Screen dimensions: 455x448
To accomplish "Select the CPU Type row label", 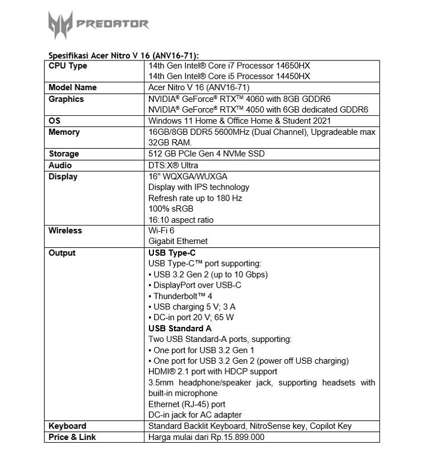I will (x=68, y=66).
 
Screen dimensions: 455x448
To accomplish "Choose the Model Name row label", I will (x=72, y=87).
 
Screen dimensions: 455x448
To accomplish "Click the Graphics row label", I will (x=66, y=99).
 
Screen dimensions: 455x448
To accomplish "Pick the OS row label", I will (x=54, y=121).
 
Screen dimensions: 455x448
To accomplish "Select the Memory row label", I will (x=64, y=132).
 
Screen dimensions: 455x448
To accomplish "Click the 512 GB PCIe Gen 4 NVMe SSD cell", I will (x=206, y=154).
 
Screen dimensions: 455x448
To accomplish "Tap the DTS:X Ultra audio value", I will (x=173, y=165).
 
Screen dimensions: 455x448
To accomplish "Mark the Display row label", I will (x=63, y=177).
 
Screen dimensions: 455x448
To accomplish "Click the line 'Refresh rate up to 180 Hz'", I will (x=195, y=198).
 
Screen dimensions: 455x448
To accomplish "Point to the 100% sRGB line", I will (x=171, y=209).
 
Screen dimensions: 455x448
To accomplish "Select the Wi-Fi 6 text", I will (x=162, y=231).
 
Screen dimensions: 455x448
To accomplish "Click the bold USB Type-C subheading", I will (x=172, y=253).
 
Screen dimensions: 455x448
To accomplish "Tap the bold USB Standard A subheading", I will (x=180, y=329).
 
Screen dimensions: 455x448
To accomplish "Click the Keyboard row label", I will (x=67, y=426).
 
